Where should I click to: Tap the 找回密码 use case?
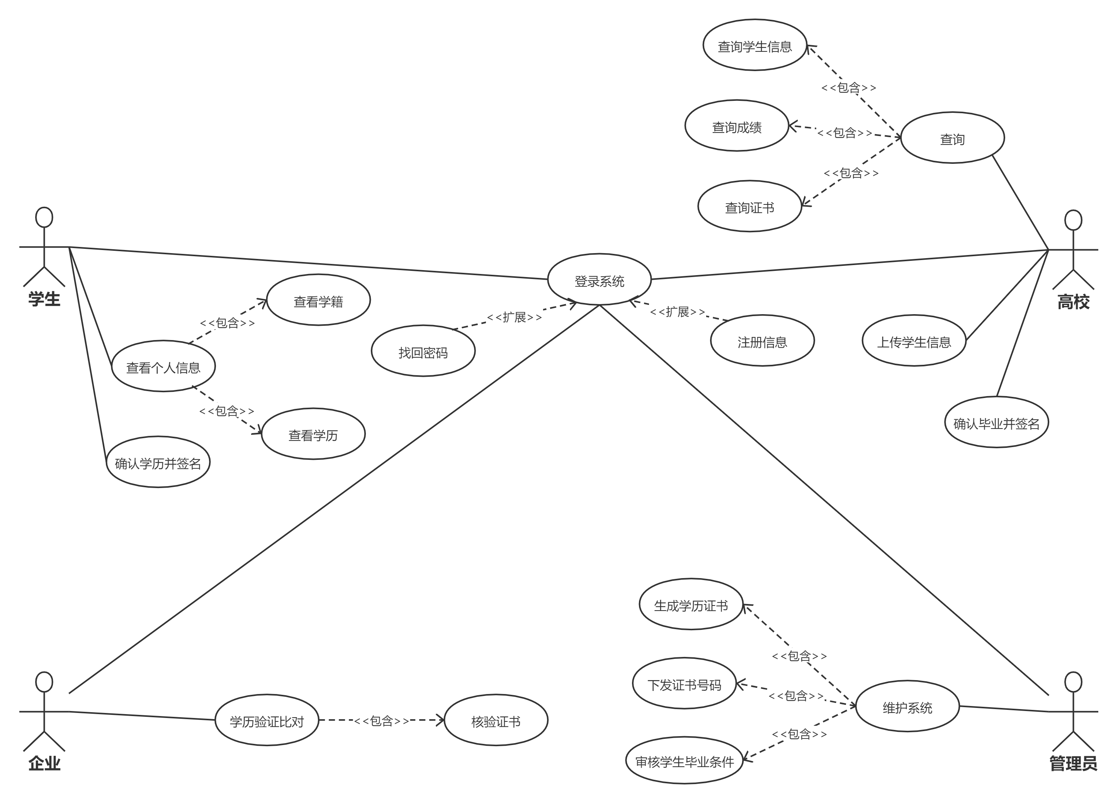[x=423, y=352]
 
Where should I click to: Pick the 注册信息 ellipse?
[x=762, y=341]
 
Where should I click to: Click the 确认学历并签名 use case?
[x=158, y=463]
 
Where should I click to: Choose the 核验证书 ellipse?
[x=496, y=721]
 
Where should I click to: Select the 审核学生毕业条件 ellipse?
[x=685, y=761]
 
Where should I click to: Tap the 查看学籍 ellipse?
[x=318, y=301]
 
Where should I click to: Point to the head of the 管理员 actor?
[x=1073, y=682]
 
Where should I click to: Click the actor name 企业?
[x=44, y=763]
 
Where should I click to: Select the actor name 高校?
[x=1073, y=302]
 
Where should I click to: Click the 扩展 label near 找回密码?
[x=514, y=316]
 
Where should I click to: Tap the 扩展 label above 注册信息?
[x=677, y=311]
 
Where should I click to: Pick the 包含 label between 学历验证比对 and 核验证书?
[x=381, y=721]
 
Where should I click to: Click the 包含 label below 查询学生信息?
[x=848, y=87]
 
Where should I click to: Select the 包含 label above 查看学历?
[x=227, y=410]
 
